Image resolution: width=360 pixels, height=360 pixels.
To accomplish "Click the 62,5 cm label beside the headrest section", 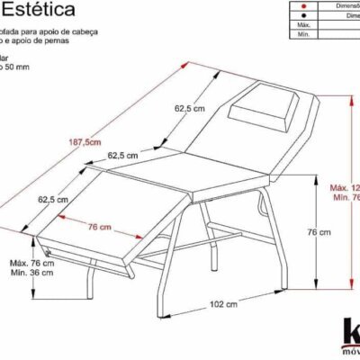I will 189,108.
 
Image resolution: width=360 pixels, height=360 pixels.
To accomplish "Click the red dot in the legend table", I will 305,4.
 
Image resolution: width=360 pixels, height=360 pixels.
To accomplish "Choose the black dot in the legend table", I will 305,14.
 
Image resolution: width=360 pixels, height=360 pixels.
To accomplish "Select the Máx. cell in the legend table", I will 304,25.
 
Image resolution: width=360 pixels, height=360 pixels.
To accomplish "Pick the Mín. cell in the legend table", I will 304,35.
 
